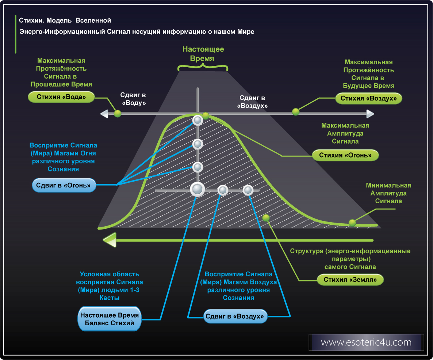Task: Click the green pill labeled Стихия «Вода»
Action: click(61, 97)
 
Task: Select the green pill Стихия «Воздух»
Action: click(368, 98)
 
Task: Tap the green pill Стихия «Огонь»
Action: click(345, 155)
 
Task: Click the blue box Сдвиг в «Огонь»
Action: click(64, 185)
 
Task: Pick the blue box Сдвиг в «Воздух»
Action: click(235, 316)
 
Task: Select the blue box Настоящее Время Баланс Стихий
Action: click(110, 319)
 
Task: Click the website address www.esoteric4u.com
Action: click(366, 342)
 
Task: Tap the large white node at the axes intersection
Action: click(197, 189)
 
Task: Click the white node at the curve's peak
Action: click(198, 120)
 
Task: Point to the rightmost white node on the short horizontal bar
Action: click(248, 190)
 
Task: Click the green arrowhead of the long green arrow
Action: click(109, 240)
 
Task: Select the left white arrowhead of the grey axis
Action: click(104, 114)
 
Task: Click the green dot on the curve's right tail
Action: click(352, 222)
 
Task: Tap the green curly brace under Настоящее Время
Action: click(203, 67)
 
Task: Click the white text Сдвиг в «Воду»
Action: click(133, 99)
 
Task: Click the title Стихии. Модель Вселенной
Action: click(65, 20)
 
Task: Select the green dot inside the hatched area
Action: click(266, 218)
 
